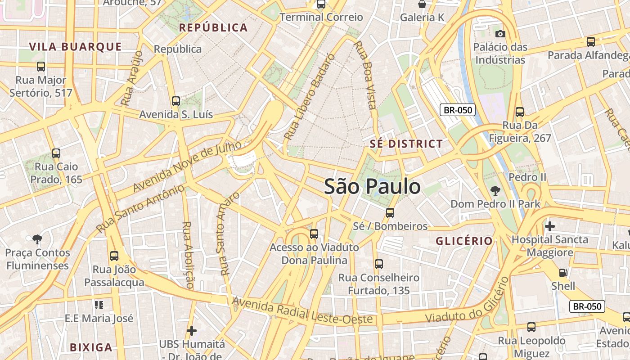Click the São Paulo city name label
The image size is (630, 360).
pyautogui.click(x=372, y=186)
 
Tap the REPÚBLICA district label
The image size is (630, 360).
pyautogui.click(x=213, y=27)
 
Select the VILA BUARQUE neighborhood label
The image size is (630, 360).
pyautogui.click(x=76, y=46)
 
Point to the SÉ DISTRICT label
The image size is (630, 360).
pyautogui.click(x=406, y=144)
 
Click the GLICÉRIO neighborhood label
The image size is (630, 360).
pyautogui.click(x=464, y=241)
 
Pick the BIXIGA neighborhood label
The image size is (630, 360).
pyautogui.click(x=91, y=347)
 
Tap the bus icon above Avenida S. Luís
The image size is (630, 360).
pyautogui.click(x=176, y=101)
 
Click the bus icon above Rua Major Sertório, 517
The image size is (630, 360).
pyautogui.click(x=41, y=67)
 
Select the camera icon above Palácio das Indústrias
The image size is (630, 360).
pyautogui.click(x=500, y=34)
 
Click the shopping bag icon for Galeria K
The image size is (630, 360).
pyautogui.click(x=422, y=4)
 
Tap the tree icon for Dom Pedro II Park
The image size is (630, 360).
pyautogui.click(x=495, y=191)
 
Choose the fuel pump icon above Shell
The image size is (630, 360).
pyautogui.click(x=563, y=272)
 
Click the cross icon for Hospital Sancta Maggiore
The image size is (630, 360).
pyautogui.click(x=549, y=226)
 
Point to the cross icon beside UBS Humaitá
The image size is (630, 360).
pyautogui.click(x=192, y=331)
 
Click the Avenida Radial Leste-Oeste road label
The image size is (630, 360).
pyautogui.click(x=302, y=310)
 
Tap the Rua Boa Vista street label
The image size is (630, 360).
pyautogui.click(x=365, y=75)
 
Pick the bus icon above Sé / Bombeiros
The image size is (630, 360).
pyautogui.click(x=390, y=213)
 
